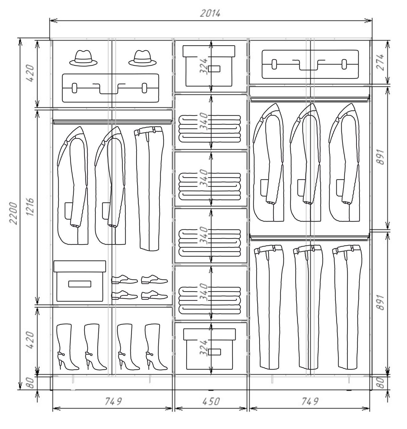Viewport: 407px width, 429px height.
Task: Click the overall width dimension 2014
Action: pos(210,14)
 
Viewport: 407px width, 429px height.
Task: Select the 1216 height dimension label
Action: pos(30,207)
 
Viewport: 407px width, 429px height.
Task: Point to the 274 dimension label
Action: pos(380,62)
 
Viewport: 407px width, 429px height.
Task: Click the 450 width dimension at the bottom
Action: pos(211,401)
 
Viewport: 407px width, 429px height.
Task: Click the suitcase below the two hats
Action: pos(111,88)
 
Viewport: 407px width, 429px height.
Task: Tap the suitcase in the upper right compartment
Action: pos(310,64)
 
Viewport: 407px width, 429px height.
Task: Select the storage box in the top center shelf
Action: pos(209,66)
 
